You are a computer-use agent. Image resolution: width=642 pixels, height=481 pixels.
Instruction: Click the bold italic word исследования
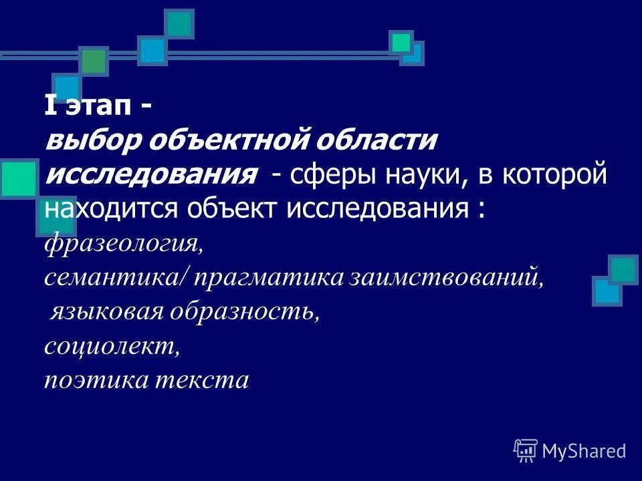click(151, 176)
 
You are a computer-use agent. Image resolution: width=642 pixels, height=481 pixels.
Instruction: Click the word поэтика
click(94, 380)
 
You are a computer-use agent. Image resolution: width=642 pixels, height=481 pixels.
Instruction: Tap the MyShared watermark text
click(584, 451)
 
